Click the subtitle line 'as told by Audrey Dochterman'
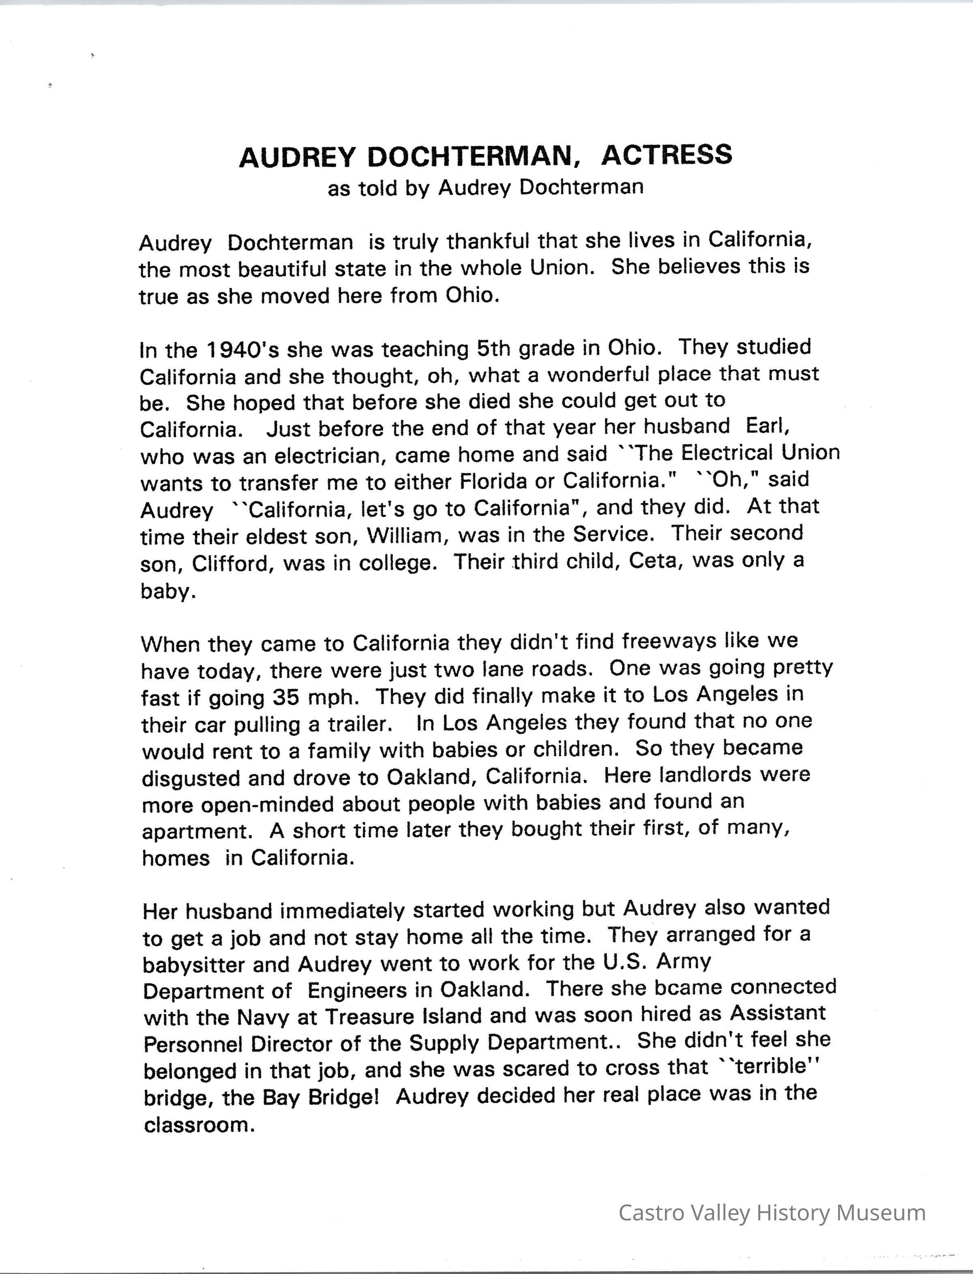click(x=485, y=188)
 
